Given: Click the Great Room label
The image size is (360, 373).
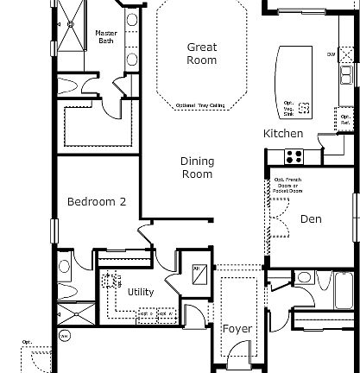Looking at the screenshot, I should [202, 54].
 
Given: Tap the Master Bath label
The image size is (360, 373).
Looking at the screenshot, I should [106, 36].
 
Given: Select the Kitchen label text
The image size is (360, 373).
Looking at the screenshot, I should [283, 134].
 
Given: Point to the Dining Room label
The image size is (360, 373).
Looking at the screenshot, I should [197, 168].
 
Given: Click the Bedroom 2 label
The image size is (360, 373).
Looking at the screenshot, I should [97, 202].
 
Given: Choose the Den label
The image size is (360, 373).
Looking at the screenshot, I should [311, 219].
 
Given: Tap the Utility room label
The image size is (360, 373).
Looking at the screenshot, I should [141, 292].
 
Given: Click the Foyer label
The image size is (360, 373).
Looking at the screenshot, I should [237, 329].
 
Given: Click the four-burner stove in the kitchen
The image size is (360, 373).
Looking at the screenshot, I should [294, 156].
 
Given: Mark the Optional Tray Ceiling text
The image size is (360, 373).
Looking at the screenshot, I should [201, 106].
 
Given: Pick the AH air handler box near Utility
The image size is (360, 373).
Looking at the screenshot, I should [199, 270].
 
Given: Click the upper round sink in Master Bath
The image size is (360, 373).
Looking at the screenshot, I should [131, 19].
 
